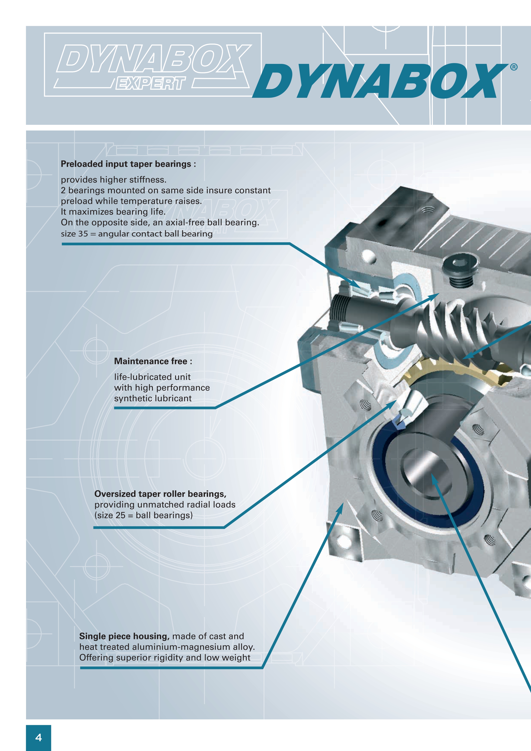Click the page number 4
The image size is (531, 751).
coord(39,737)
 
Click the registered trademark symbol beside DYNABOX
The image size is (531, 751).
coord(514,67)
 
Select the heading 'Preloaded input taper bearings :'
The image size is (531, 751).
coord(128,164)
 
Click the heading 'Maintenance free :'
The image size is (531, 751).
coord(153,361)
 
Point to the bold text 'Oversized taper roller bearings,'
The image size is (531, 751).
coord(160,494)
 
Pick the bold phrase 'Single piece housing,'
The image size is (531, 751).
coord(124,636)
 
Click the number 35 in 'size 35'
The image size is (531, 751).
coord(83,234)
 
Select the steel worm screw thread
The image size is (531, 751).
coord(458,331)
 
